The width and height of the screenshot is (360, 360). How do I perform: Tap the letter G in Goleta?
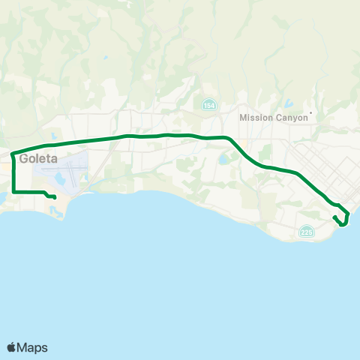click(x=25, y=158)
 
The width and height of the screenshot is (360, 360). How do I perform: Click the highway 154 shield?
click(x=207, y=104)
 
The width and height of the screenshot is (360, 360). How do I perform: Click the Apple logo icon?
click(x=13, y=347)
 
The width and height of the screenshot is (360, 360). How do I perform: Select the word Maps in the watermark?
click(x=33, y=347)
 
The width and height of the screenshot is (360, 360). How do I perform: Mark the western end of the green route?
click(x=55, y=197)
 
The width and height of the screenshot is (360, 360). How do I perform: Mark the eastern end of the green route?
click(x=334, y=217)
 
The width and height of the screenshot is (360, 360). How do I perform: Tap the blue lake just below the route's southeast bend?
click(x=223, y=159)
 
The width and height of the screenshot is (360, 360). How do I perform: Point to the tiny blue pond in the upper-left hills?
click(x=106, y=58)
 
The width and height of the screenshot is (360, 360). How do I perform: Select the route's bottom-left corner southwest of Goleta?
click(x=13, y=192)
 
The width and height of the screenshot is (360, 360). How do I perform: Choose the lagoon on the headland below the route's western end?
click(x=55, y=212)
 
